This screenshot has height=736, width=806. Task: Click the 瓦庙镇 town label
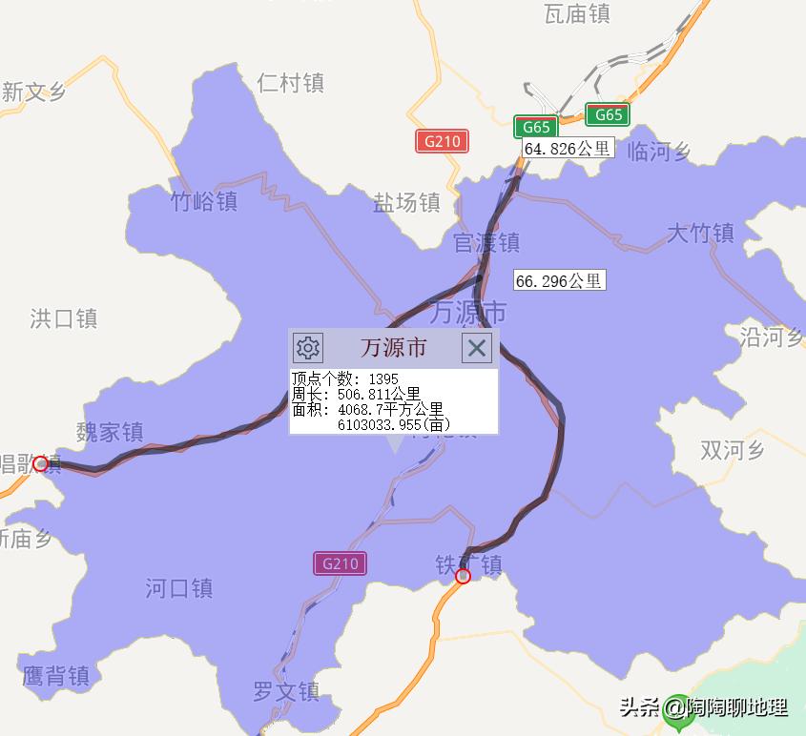click(x=577, y=13)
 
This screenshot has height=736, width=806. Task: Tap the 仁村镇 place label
click(x=291, y=83)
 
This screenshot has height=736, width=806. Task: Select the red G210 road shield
click(x=442, y=141)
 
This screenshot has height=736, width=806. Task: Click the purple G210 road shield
click(x=340, y=563)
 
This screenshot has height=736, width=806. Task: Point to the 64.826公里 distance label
click(x=568, y=149)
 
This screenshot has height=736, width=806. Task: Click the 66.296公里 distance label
click(x=559, y=280)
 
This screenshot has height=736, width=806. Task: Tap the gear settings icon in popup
click(x=308, y=347)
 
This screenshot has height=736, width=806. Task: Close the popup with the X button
click(x=477, y=347)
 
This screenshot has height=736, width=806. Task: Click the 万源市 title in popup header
click(x=393, y=347)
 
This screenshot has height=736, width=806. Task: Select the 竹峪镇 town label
click(x=204, y=202)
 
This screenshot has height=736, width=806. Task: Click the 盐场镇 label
click(x=406, y=203)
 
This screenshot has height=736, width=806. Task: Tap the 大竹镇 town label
click(x=700, y=233)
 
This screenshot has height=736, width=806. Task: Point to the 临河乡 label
click(x=659, y=151)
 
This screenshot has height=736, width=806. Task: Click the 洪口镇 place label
click(x=64, y=317)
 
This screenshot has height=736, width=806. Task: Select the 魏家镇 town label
click(x=110, y=432)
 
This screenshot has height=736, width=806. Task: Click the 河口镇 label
click(x=179, y=588)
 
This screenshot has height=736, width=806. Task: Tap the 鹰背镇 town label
click(x=55, y=676)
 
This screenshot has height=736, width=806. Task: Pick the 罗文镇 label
click(x=286, y=691)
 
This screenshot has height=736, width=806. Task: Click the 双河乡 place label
click(x=733, y=449)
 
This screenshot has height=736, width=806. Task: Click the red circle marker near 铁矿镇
click(x=464, y=576)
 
